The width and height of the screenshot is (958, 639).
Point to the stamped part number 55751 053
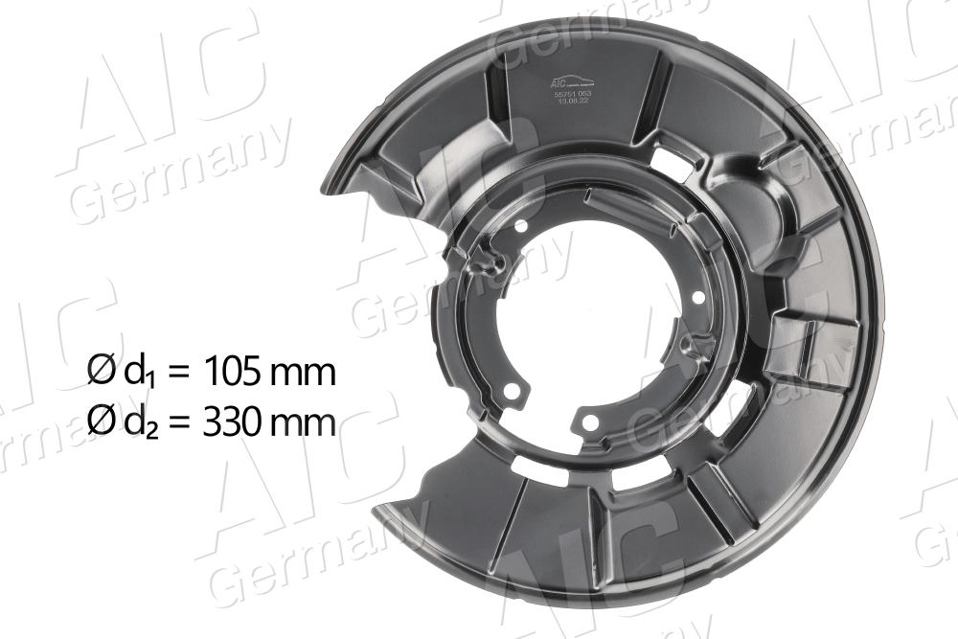pyautogui.click(x=573, y=94)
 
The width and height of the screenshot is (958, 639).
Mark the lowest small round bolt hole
pyautogui.click(x=589, y=422)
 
